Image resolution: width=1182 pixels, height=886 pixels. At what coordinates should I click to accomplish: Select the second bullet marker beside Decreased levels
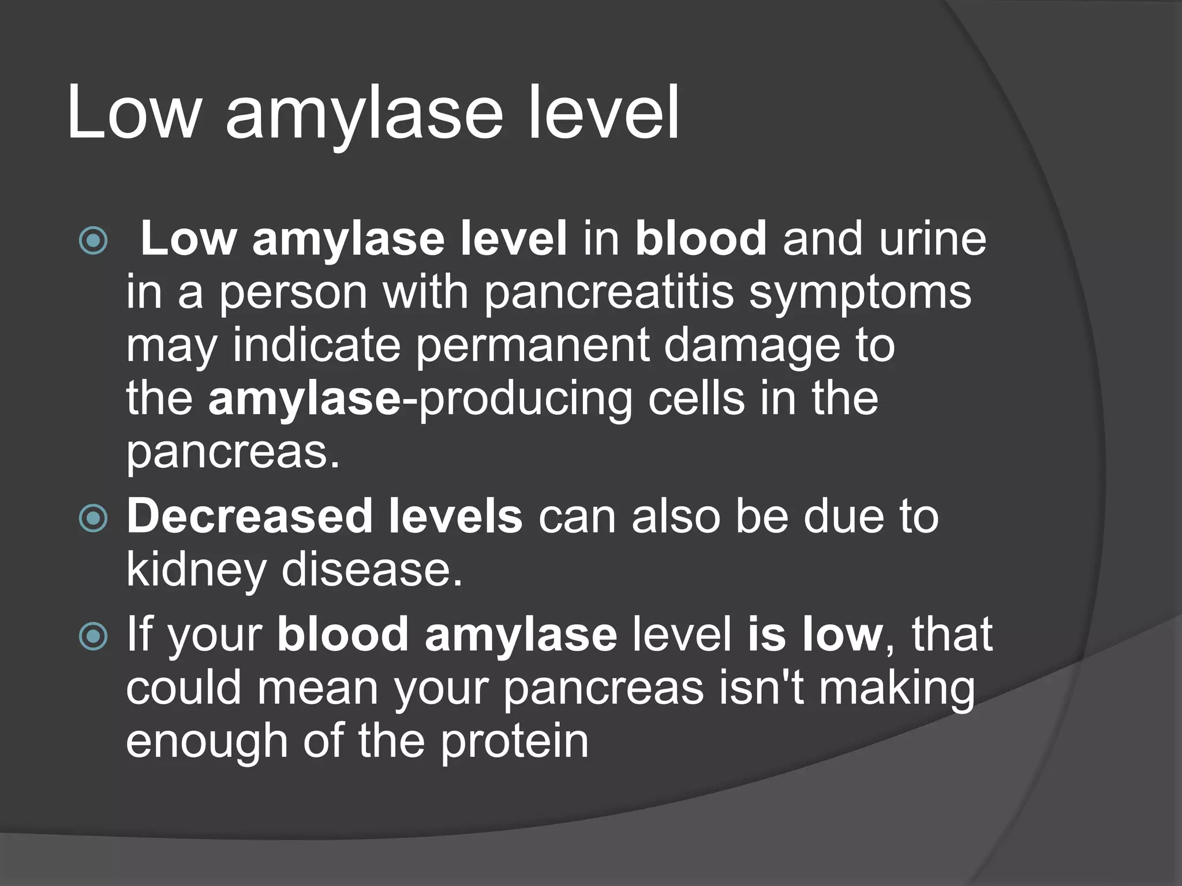point(93,517)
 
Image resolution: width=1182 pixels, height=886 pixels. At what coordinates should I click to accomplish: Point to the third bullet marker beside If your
point(93,636)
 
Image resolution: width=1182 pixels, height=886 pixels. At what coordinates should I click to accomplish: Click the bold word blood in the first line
point(701,239)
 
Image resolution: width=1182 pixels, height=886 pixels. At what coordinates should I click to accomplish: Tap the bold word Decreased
point(249,516)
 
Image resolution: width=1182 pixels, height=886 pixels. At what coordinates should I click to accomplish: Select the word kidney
point(196,570)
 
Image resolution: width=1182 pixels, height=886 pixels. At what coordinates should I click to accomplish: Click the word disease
point(372,570)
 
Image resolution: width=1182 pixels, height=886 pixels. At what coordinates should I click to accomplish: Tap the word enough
point(207,742)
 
